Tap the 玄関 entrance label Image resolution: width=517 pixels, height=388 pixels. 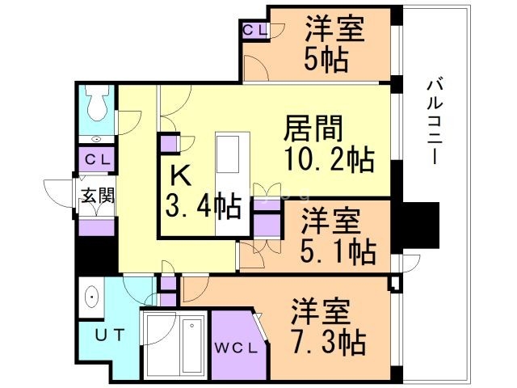pos(96,195)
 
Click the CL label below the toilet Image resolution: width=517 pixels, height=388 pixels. pos(97,158)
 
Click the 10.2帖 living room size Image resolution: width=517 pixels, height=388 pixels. pos(329,159)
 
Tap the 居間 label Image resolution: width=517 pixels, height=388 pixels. pos(313,129)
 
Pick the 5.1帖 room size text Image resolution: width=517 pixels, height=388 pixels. pos(339,251)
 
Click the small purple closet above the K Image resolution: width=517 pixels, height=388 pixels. pos(169,144)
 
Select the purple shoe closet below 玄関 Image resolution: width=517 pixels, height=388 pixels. pos(97,225)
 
